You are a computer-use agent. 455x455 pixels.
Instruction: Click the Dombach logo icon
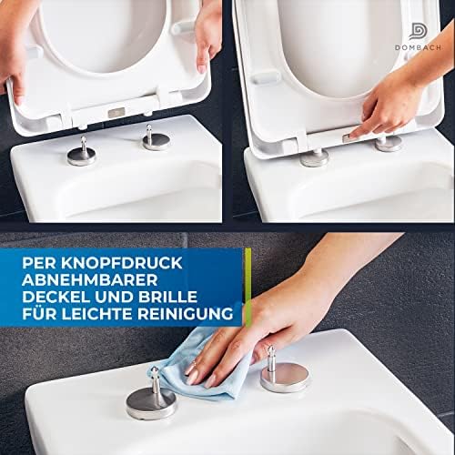(x=418, y=32)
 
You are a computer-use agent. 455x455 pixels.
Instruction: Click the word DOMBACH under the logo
(x=418, y=47)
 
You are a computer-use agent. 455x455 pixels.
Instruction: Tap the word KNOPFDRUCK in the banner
(x=122, y=263)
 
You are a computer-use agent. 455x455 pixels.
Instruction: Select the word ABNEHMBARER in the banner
(x=90, y=280)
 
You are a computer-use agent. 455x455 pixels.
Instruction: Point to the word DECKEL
(x=56, y=297)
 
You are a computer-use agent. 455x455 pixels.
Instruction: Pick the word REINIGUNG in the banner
(x=186, y=314)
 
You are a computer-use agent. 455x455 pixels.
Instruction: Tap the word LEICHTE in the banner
(x=97, y=314)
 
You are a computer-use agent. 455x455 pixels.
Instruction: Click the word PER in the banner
(x=39, y=263)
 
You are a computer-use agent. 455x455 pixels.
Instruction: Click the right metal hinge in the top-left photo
(x=157, y=139)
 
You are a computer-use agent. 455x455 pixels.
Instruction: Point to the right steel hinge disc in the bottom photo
(x=285, y=376)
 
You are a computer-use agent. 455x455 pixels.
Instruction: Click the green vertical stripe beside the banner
(x=248, y=287)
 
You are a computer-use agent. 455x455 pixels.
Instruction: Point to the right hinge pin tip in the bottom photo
(x=270, y=349)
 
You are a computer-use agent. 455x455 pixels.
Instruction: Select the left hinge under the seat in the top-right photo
(x=315, y=157)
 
